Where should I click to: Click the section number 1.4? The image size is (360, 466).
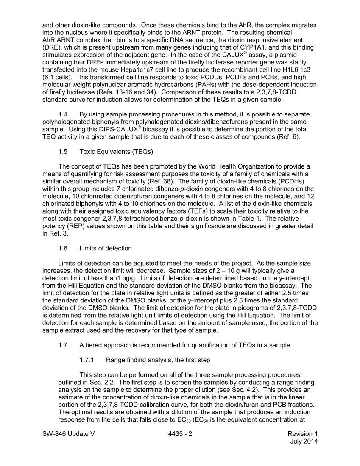point(63,114)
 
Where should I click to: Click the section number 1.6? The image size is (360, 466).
point(63,248)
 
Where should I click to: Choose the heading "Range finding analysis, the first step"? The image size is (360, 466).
point(158,360)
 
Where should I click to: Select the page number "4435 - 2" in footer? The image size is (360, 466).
point(180,434)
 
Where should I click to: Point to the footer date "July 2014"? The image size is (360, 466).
point(304,441)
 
